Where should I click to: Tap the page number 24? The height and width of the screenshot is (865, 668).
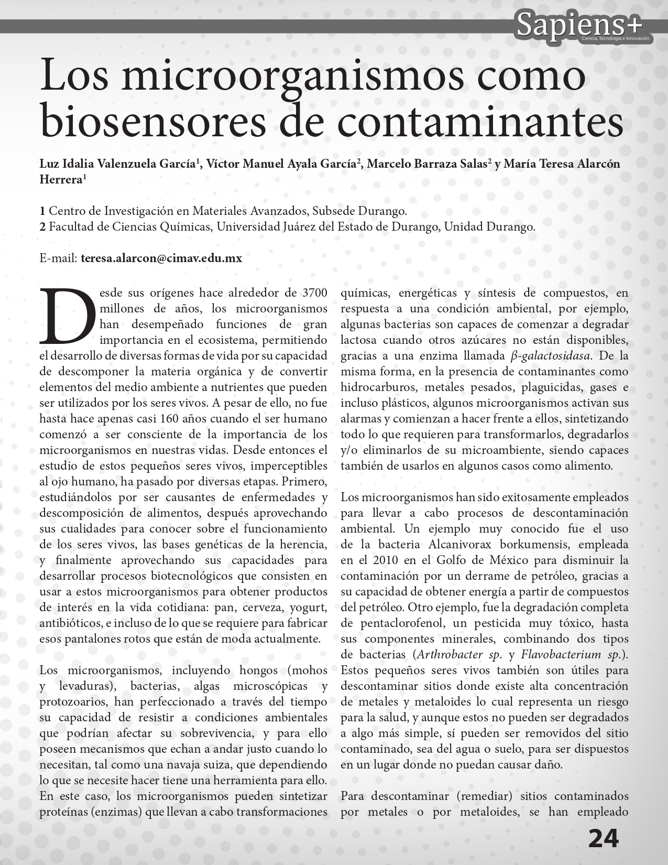603,839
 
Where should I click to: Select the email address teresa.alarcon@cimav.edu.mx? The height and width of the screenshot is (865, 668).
161,258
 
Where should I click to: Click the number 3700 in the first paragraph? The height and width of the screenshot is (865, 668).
315,293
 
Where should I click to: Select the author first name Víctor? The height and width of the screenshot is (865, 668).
224,164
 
